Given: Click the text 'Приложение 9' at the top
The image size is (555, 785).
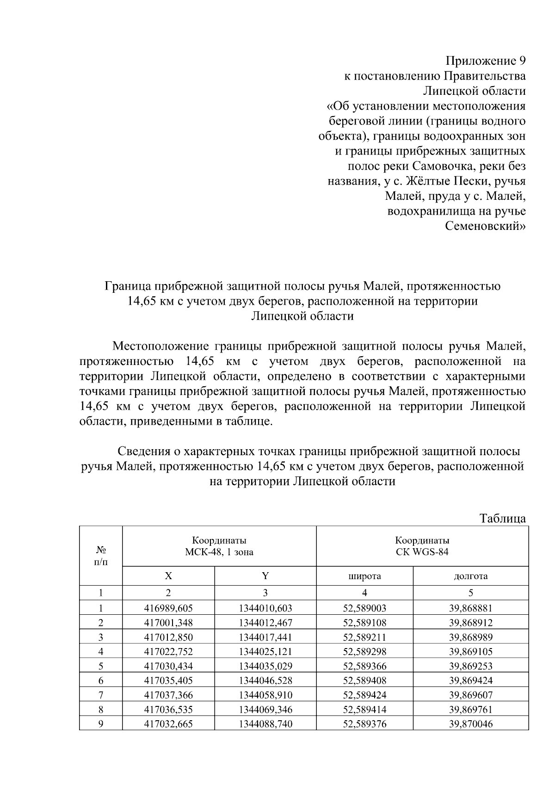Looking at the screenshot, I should click(485, 61).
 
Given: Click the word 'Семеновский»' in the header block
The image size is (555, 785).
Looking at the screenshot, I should click(485, 226).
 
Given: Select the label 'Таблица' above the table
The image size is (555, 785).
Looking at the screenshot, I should click(503, 518).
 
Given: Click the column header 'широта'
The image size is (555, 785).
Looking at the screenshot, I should click(364, 576).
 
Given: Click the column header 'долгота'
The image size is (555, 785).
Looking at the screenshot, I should click(470, 576).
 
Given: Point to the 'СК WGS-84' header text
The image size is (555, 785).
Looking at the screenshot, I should click(422, 552).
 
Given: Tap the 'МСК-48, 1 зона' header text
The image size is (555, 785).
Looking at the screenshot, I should click(219, 552).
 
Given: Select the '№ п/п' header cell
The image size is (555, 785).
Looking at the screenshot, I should click(101, 556).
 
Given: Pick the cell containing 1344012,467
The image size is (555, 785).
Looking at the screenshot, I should click(265, 623).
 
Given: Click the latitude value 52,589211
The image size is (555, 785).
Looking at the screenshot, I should click(364, 637).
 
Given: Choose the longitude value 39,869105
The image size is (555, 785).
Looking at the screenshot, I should click(470, 651).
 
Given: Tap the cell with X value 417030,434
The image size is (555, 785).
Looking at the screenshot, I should click(168, 666).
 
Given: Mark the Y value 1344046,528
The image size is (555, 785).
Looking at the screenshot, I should click(265, 680).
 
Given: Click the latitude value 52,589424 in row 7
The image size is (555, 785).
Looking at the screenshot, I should click(364, 695).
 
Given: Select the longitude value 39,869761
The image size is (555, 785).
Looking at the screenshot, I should click(470, 709).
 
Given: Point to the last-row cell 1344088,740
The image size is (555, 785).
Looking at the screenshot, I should click(265, 724).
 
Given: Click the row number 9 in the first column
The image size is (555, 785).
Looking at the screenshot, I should click(101, 724).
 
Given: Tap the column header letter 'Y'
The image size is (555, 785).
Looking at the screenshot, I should click(265, 576).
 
